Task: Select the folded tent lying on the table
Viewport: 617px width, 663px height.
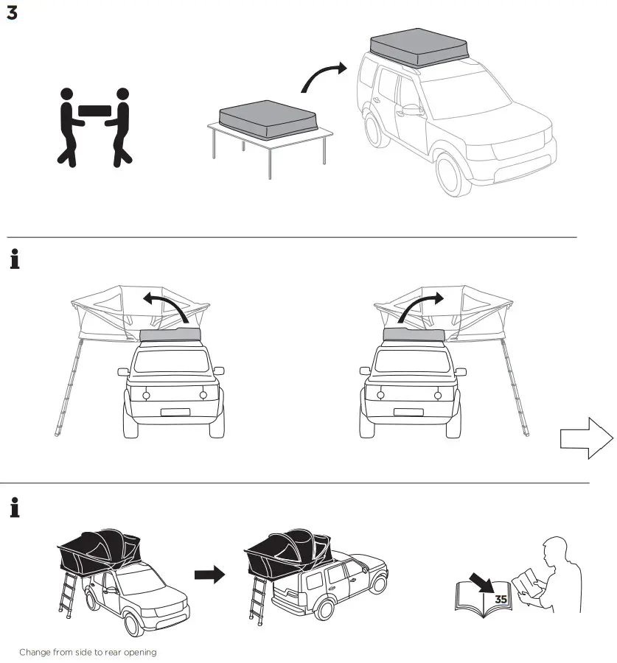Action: click(x=269, y=120)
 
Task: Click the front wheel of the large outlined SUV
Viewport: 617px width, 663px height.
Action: click(x=454, y=174)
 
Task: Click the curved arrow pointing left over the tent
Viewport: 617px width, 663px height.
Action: click(x=166, y=305)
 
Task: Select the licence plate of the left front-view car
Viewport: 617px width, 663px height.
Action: click(x=175, y=413)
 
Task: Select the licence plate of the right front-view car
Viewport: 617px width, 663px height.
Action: click(x=410, y=413)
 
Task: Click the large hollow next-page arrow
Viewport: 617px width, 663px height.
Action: click(x=587, y=438)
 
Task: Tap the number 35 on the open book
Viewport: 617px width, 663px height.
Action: click(x=501, y=600)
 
